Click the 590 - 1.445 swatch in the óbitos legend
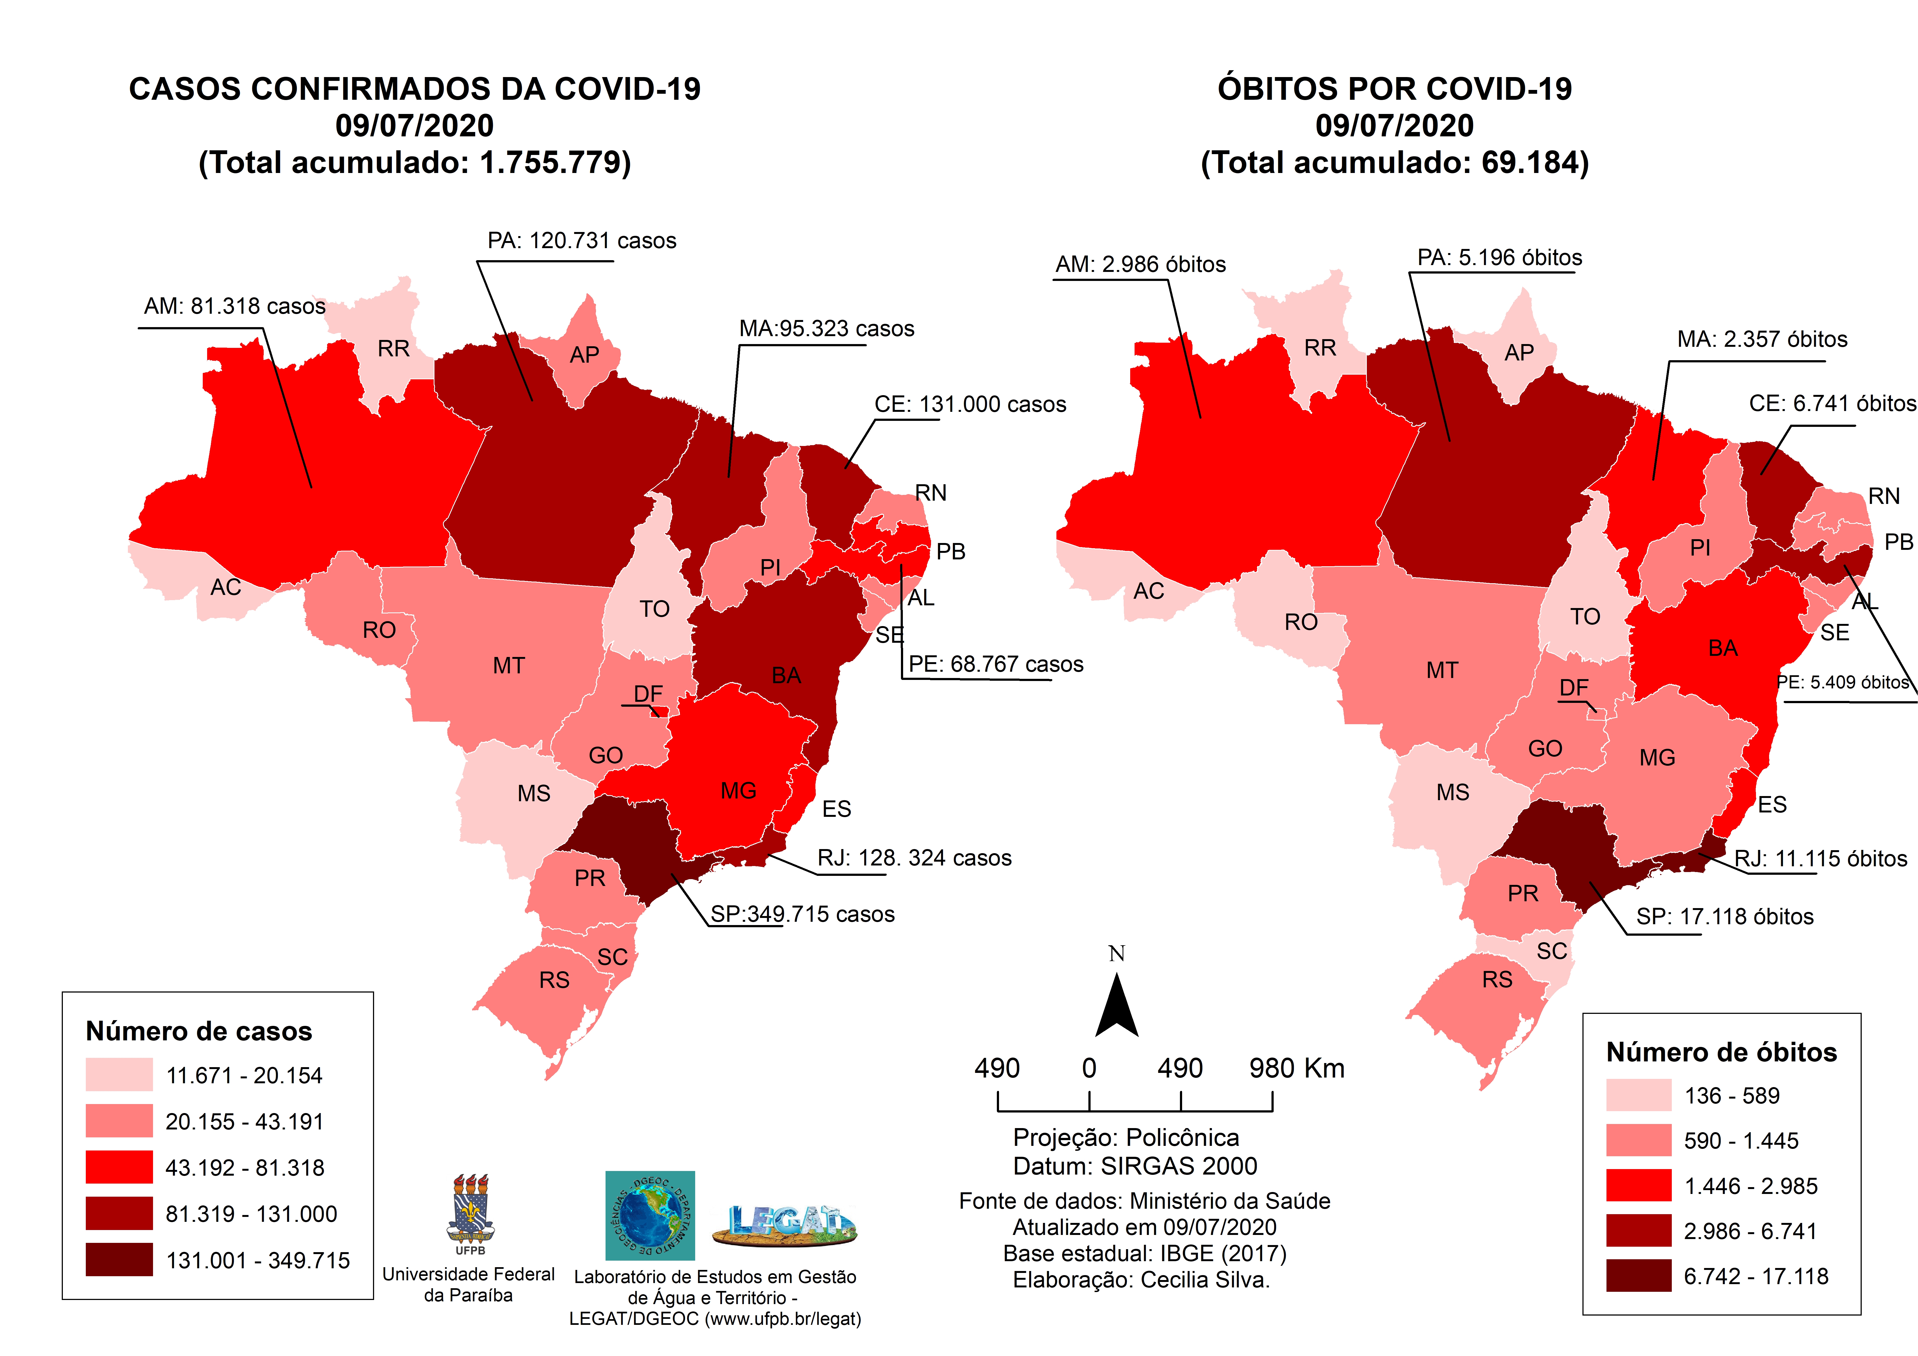click(x=1638, y=1140)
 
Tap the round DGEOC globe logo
click(x=650, y=1216)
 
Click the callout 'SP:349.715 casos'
click(x=802, y=914)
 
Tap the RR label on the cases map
click(x=393, y=348)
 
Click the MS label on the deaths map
click(x=1453, y=792)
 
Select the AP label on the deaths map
click(x=1519, y=353)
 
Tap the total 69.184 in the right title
click(x=1531, y=162)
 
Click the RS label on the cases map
click(x=554, y=980)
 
